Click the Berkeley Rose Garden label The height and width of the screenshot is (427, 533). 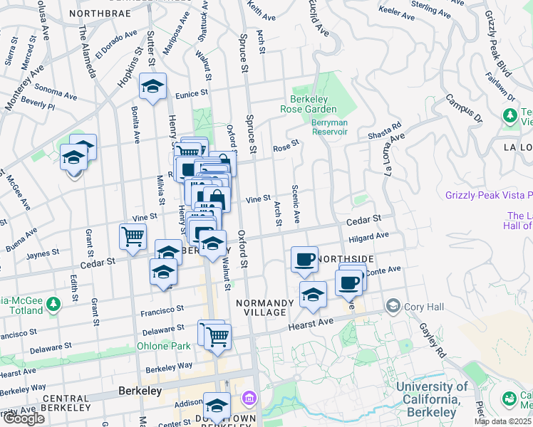[x=314, y=104]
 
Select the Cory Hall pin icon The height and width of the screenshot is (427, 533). [x=393, y=306]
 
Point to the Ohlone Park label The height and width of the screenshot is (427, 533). [x=164, y=347]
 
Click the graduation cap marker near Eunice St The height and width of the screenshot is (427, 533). [x=152, y=85]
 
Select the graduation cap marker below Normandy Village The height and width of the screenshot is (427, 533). [x=312, y=294]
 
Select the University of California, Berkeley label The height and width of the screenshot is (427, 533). [x=433, y=399]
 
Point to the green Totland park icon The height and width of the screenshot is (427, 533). [x=53, y=306]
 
